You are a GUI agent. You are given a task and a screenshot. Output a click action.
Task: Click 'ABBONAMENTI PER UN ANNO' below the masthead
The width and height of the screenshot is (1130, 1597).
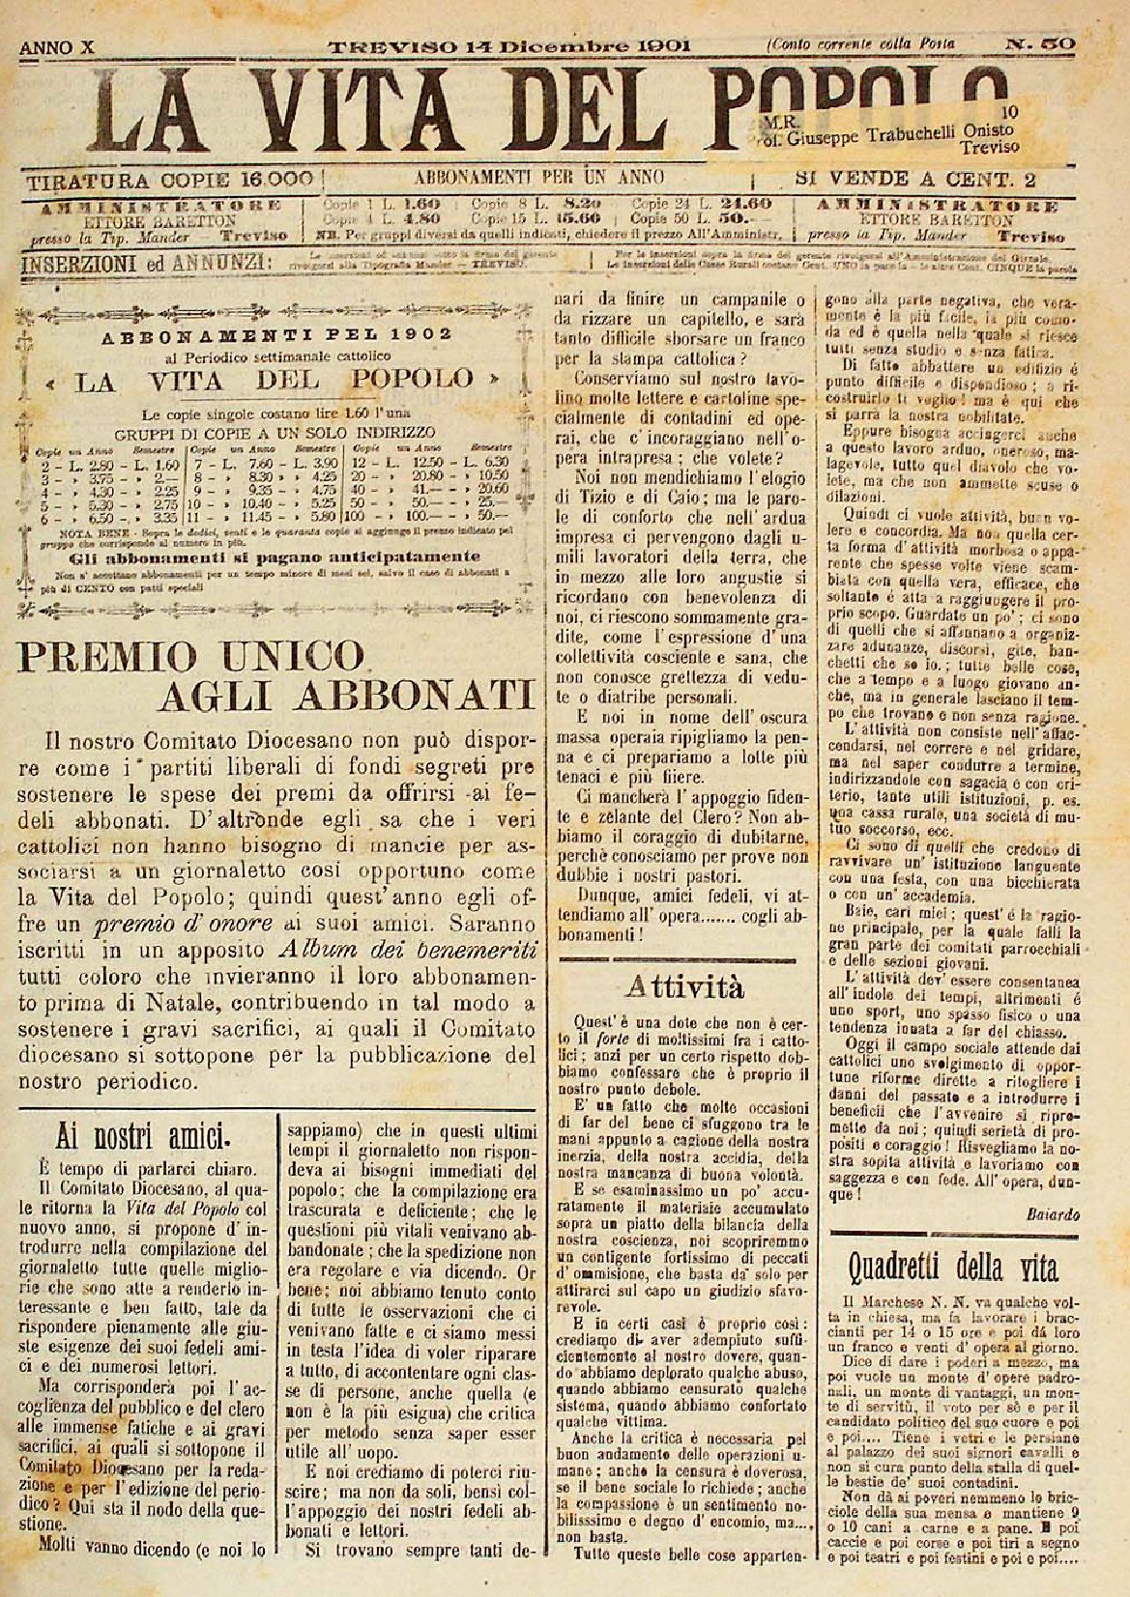point(538,178)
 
